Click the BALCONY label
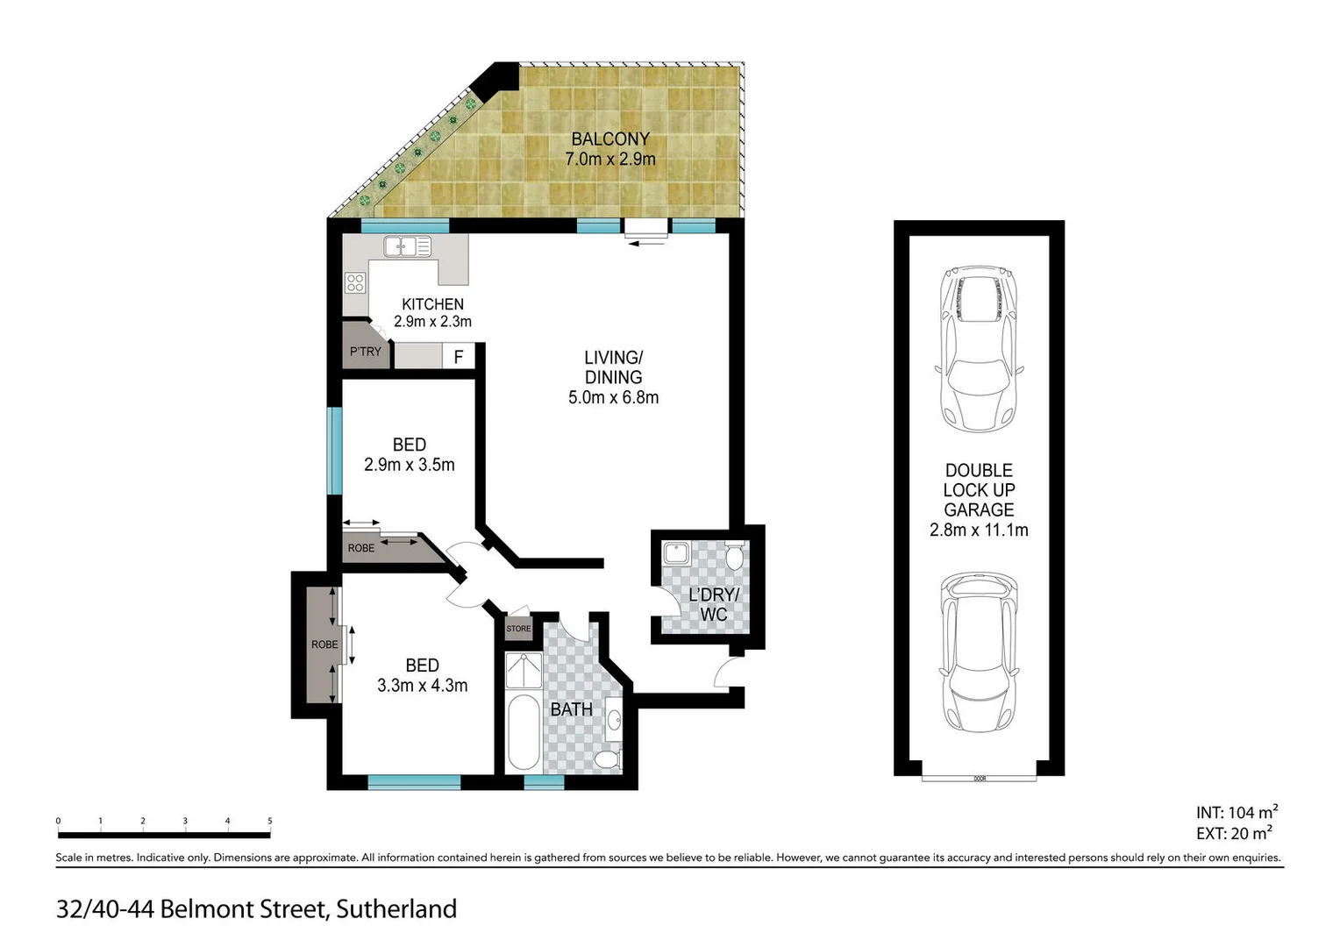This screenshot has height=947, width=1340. coord(610,139)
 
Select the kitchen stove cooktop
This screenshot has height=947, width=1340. coord(355,282)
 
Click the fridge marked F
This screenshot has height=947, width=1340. coord(458,357)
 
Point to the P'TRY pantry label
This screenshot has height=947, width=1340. coord(365,352)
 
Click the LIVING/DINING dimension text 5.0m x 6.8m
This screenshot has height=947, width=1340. coord(613,397)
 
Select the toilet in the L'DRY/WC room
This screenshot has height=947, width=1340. coord(735,555)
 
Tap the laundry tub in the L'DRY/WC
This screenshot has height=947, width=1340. coord(676,553)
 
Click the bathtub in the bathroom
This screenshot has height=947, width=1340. coord(523,732)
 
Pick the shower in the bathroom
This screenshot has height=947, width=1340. coord(524,670)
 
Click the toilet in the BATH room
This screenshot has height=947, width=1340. coord(608,758)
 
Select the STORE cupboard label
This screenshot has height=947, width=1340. coord(518,629)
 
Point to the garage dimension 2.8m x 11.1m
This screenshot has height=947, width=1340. coord(979,530)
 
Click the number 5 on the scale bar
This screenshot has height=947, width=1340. coord(269,822)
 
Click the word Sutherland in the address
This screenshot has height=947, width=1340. coord(396,909)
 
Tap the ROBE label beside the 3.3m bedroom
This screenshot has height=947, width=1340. coord(324,644)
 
